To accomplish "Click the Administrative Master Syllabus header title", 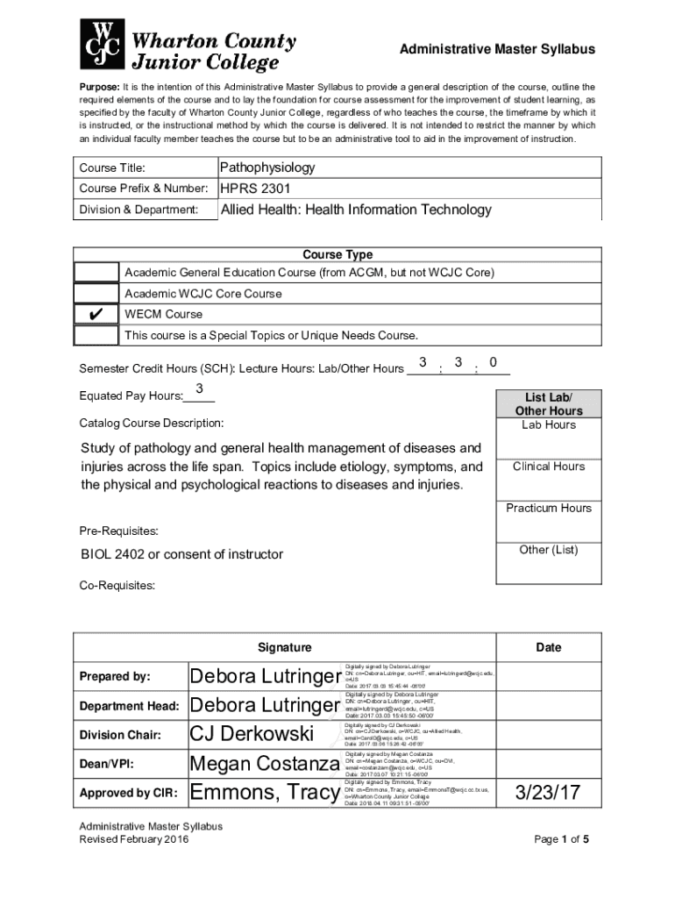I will click(497, 50).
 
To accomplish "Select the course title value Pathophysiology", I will click(267, 167).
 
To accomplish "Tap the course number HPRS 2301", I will click(255, 189).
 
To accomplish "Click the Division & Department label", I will click(139, 210).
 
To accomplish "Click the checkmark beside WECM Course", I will click(96, 315).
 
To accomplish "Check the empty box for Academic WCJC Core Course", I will click(96, 294).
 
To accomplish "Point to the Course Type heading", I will click(337, 255).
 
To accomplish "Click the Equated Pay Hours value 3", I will click(199, 388).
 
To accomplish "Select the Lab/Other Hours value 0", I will click(494, 362).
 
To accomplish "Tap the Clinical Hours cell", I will click(549, 467).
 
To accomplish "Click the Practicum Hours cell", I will click(549, 509).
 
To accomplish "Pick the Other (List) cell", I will click(549, 550).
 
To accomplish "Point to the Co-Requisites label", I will click(117, 585).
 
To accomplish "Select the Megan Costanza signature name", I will click(265, 764).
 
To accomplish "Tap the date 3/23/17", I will click(548, 794).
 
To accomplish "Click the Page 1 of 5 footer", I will click(561, 839).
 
